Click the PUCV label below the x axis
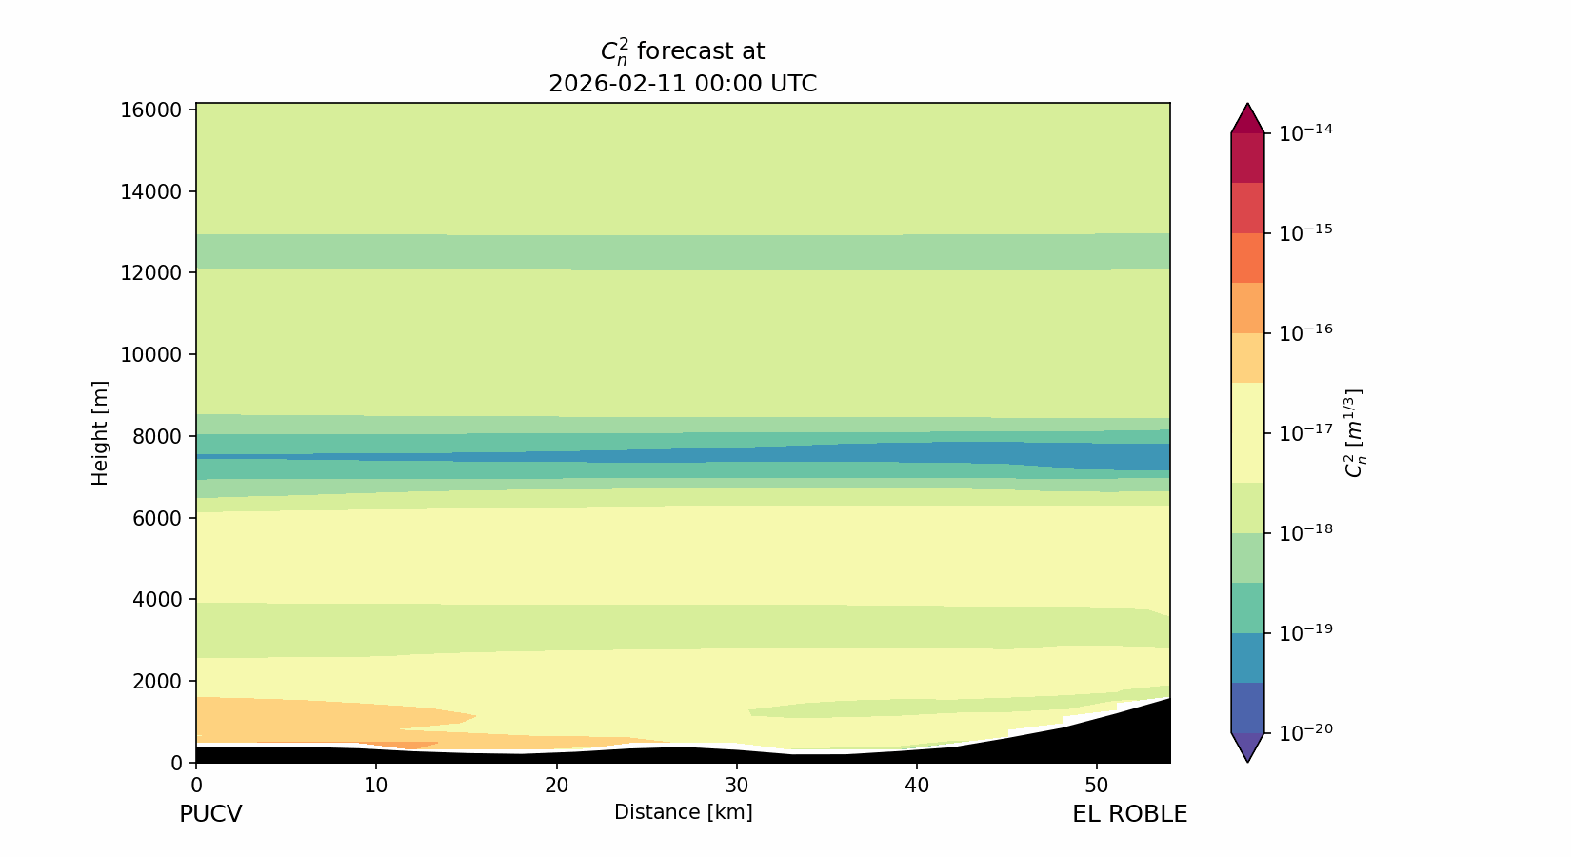coord(210,814)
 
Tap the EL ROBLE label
coord(1129,814)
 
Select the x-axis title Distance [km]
coord(683,812)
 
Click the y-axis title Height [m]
coord(100,433)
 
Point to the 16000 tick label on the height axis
coord(150,110)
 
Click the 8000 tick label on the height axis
coord(156,436)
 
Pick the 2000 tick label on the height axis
coord(156,681)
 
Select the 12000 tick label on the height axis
coord(150,273)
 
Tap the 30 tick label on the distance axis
coord(736,787)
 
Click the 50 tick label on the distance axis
coord(1097,787)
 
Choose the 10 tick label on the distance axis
coord(376,787)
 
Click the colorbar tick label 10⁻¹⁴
coord(1305,132)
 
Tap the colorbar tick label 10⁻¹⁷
coord(1305,432)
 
